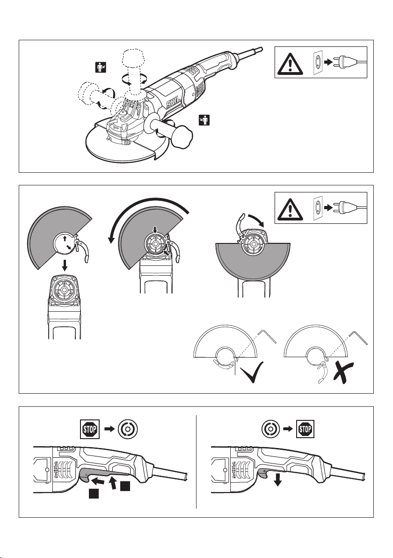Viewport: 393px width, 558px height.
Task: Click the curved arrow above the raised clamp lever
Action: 256,218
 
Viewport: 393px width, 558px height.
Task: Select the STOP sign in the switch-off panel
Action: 305,427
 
